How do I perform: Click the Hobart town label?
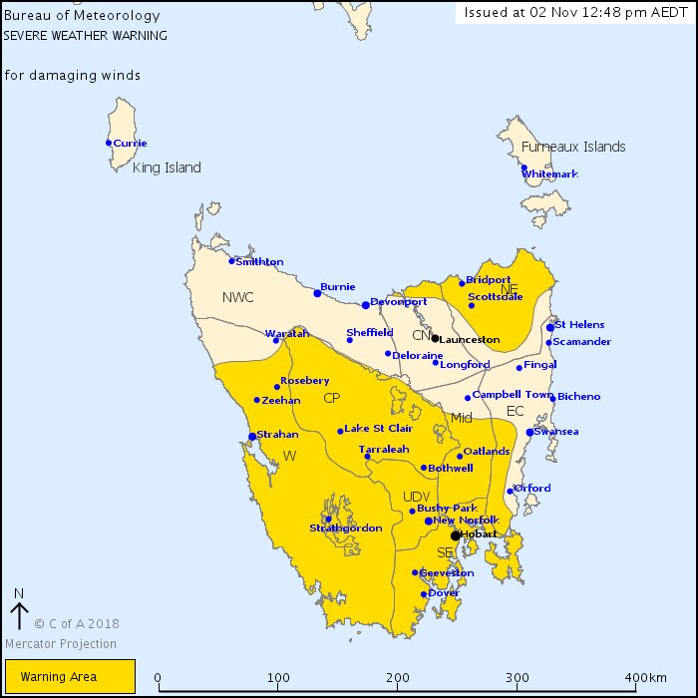[x=480, y=534]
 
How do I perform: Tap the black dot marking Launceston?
[x=435, y=338]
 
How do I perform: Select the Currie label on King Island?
[x=130, y=143]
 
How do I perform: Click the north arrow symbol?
[x=18, y=608]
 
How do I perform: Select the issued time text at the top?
[x=573, y=12]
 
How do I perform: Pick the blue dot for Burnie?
[x=317, y=293]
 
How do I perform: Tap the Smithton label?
[x=259, y=262]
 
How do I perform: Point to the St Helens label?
[x=579, y=325]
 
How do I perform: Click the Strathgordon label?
[x=345, y=528]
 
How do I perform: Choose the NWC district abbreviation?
[x=238, y=297]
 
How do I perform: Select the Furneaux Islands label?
[x=573, y=147]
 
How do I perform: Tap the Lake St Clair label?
[x=378, y=429]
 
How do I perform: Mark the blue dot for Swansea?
[x=529, y=432]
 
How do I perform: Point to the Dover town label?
[x=445, y=593]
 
